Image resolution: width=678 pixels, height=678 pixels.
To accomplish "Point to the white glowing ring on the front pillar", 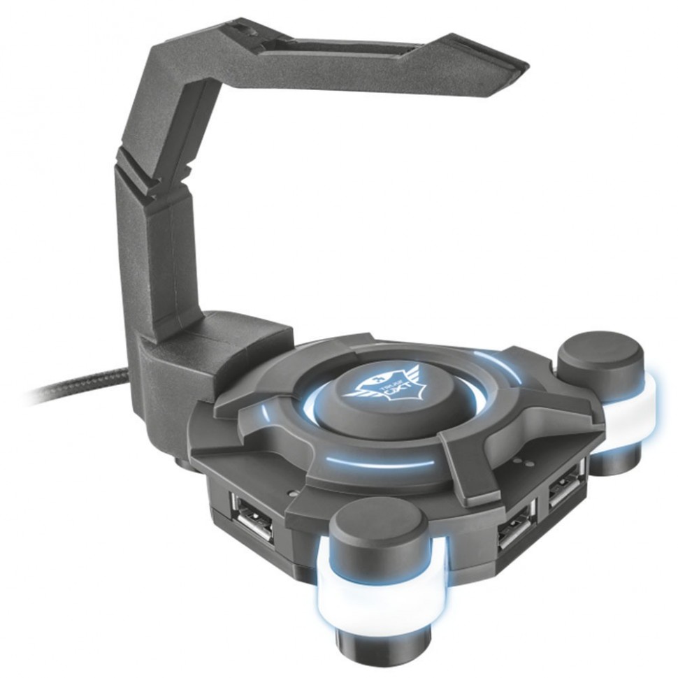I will click(377, 585).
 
